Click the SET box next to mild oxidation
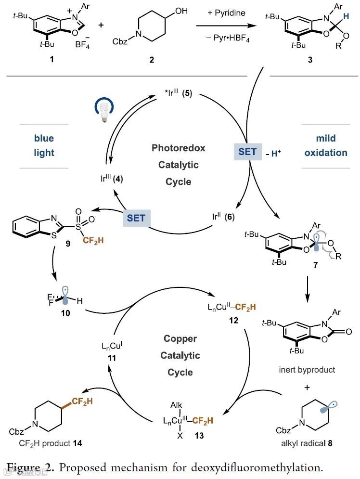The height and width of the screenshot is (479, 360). pos(248,152)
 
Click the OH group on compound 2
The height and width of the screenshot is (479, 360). pos(181,11)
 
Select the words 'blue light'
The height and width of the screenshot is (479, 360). pos(44,145)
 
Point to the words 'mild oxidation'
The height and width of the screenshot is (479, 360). pos(325,145)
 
